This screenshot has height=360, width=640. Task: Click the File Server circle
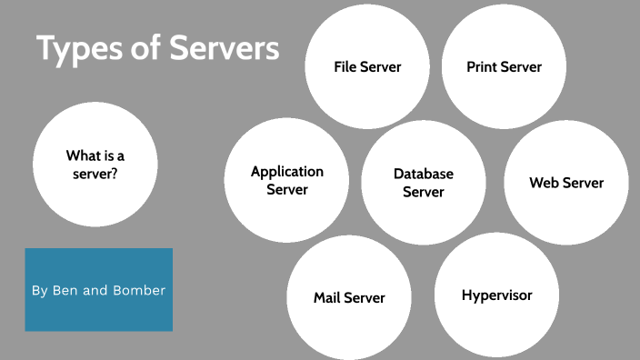(366, 67)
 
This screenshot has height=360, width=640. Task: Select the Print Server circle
(504, 67)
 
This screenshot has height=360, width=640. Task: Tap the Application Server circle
(287, 181)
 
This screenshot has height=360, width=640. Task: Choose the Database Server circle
(424, 182)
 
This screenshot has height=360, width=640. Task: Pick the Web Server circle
(566, 183)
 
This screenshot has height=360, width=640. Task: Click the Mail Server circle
(349, 298)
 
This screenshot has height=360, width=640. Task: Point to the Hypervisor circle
(496, 295)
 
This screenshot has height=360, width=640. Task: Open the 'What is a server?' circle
(95, 165)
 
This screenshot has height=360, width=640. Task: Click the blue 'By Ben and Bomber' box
(98, 290)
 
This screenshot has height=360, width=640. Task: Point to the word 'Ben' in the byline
(66, 291)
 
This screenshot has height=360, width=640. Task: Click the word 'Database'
(424, 174)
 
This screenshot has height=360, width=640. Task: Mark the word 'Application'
(287, 171)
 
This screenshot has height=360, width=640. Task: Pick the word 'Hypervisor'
(496, 295)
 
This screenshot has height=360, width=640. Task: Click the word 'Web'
(544, 183)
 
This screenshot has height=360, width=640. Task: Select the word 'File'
(344, 67)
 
